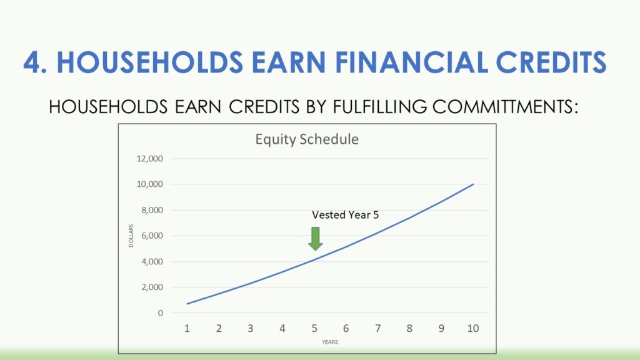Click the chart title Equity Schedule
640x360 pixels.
pyautogui.click(x=307, y=139)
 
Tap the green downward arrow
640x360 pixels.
pyautogui.click(x=316, y=239)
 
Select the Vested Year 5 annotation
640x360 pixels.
pyautogui.click(x=345, y=215)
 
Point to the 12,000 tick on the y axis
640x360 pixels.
pyautogui.click(x=150, y=158)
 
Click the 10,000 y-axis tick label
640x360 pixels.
pyautogui.click(x=150, y=184)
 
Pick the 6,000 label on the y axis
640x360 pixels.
pyautogui.click(x=152, y=236)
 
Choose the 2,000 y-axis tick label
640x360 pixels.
pyautogui.click(x=152, y=287)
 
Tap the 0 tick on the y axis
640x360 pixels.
pyautogui.click(x=161, y=313)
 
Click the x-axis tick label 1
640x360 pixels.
pyautogui.click(x=187, y=328)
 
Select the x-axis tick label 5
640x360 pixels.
pyautogui.click(x=314, y=328)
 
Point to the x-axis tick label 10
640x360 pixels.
pyautogui.click(x=473, y=328)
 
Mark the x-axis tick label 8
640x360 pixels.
pyautogui.click(x=409, y=328)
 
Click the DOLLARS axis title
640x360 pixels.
pyautogui.click(x=131, y=236)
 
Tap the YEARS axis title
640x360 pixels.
pyautogui.click(x=330, y=342)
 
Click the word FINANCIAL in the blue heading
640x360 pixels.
pyautogui.click(x=411, y=62)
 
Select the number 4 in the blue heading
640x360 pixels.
pyautogui.click(x=31, y=62)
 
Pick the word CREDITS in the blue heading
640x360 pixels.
pyautogui.click(x=551, y=62)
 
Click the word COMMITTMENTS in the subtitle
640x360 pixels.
pyautogui.click(x=505, y=107)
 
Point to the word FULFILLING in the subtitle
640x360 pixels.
pyautogui.click(x=379, y=107)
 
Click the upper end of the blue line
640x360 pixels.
pyautogui.click(x=474, y=184)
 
